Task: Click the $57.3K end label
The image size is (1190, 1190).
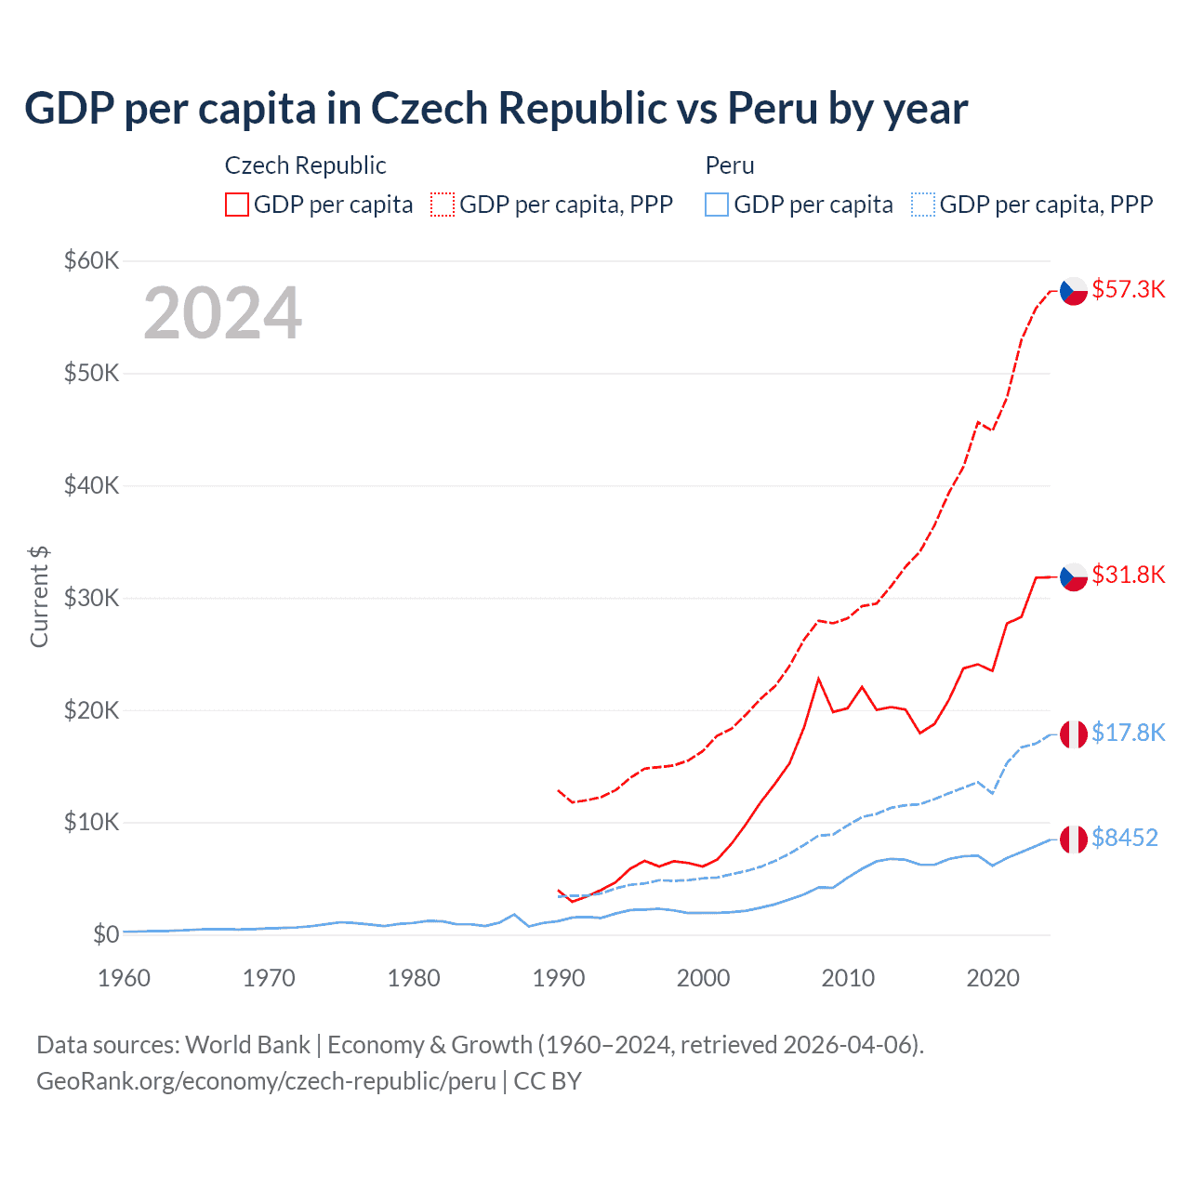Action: click(x=1128, y=289)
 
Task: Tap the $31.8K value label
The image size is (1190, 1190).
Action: click(x=1128, y=575)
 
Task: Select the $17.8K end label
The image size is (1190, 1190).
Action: click(x=1128, y=733)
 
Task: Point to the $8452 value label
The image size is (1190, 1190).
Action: click(x=1124, y=838)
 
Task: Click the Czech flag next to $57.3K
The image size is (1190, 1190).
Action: click(x=1074, y=291)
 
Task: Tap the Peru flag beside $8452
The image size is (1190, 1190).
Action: click(x=1074, y=839)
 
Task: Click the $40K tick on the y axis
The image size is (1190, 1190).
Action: click(x=91, y=485)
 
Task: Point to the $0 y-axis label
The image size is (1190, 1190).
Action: click(x=106, y=934)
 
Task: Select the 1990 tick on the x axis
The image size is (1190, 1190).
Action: click(x=559, y=978)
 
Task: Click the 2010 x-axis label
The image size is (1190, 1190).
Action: click(x=848, y=978)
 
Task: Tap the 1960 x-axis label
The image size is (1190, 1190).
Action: click(x=125, y=978)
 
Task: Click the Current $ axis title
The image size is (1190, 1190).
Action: click(x=39, y=597)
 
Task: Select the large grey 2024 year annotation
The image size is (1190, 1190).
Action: click(x=222, y=313)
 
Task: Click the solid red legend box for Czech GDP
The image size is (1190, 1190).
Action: click(x=237, y=205)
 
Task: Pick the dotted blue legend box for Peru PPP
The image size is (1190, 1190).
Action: click(x=923, y=205)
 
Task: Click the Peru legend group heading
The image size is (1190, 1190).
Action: click(x=730, y=165)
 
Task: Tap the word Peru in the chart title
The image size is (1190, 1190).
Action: click(x=773, y=109)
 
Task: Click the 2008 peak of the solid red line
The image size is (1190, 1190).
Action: click(x=818, y=679)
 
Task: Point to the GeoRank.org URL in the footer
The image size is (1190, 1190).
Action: click(x=266, y=1081)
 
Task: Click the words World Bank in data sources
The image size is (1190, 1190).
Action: click(x=247, y=1045)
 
